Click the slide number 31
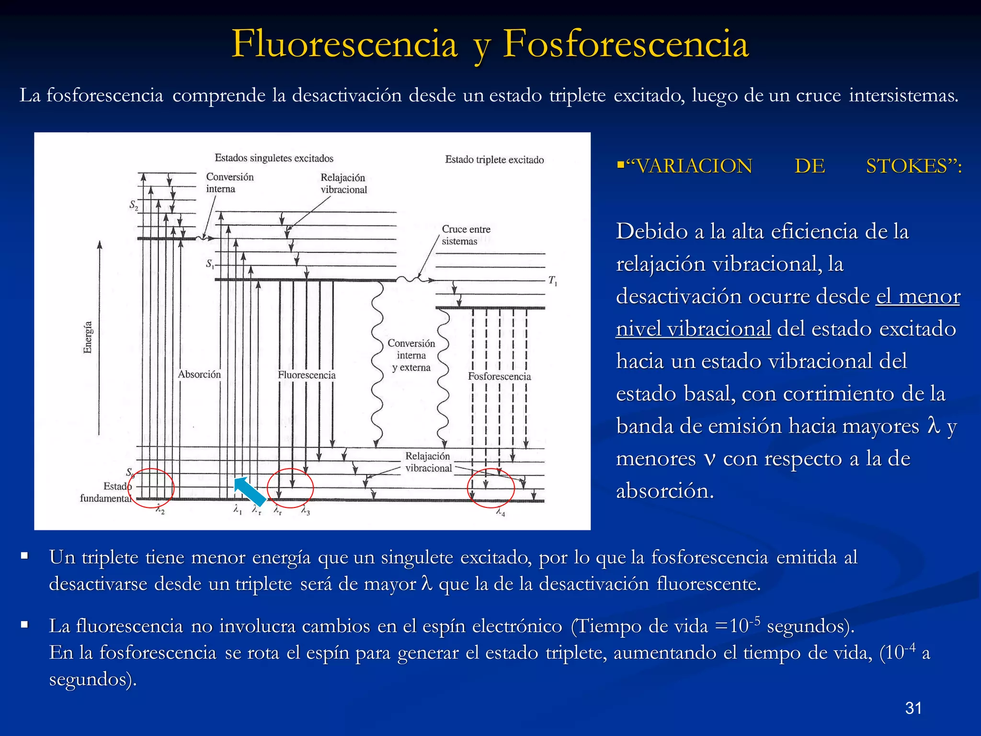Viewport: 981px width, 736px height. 913,708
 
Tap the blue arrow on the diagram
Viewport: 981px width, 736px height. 250,491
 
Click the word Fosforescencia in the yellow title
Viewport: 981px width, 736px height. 626,44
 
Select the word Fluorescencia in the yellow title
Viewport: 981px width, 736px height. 344,44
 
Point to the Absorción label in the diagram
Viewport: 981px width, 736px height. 199,374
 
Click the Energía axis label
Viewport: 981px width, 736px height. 88,337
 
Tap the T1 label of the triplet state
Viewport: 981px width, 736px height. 553,281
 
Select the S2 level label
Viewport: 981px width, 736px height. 134,205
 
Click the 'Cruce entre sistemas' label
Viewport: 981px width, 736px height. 466,235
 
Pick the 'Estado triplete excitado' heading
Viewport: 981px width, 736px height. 494,160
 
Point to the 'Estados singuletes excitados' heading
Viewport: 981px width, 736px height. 274,158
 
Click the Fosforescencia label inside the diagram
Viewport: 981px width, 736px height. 499,377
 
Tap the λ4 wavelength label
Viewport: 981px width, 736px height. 500,512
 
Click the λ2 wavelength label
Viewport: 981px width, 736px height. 160,511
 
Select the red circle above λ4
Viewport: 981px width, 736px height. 491,488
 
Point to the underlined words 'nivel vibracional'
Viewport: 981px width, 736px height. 693,329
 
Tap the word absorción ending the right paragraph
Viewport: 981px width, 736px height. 664,491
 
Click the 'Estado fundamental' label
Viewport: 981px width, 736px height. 106,492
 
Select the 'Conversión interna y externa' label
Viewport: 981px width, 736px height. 411,355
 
